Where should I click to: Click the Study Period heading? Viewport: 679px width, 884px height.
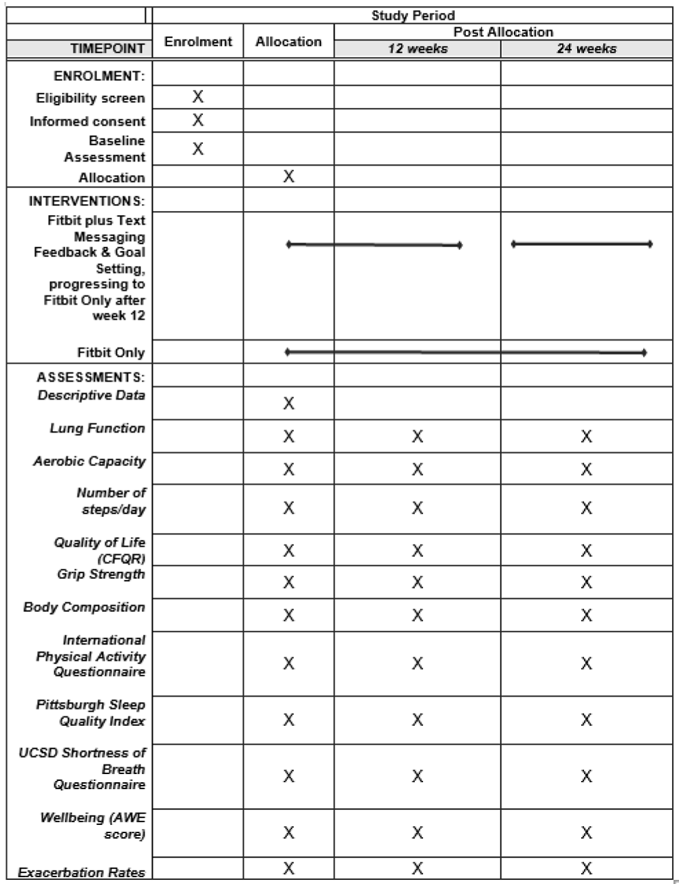[412, 16]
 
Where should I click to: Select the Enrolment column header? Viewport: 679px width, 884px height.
[198, 42]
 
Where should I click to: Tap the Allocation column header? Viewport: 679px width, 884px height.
[289, 42]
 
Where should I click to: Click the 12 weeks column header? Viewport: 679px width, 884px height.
[417, 49]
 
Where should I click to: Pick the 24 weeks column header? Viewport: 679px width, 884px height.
[587, 49]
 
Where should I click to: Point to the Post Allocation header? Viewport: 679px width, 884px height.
[503, 32]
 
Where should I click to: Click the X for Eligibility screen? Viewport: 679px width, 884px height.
[198, 97]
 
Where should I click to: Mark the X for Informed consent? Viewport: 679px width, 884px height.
[198, 120]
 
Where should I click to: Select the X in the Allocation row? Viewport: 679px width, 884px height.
[289, 176]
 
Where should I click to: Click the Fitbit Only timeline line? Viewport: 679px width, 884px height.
[465, 352]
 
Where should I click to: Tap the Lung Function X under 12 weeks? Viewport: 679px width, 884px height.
[417, 436]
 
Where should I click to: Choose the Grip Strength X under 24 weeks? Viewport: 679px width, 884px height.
[587, 582]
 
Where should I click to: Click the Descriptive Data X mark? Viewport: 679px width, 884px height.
[289, 404]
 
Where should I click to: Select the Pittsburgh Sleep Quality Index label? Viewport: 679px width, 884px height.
[90, 713]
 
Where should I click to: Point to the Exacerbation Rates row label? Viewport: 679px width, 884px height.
[81, 872]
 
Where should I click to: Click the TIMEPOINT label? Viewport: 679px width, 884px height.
[108, 49]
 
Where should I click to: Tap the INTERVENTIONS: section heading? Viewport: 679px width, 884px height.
[87, 201]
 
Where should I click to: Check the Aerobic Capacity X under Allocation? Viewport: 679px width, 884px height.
[289, 469]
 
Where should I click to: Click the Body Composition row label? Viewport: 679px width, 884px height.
[84, 607]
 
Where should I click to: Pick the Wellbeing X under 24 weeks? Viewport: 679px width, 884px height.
[587, 832]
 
